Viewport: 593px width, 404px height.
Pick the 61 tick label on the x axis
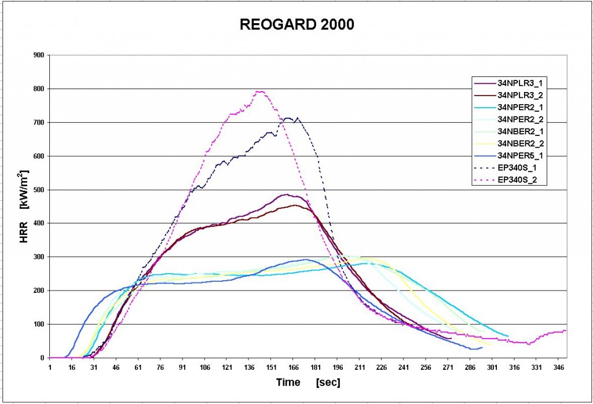[x=138, y=366]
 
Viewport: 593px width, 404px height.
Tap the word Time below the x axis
[x=288, y=383]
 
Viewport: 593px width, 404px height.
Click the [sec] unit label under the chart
[x=328, y=383]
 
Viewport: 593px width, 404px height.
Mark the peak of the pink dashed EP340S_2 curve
[x=259, y=91]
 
